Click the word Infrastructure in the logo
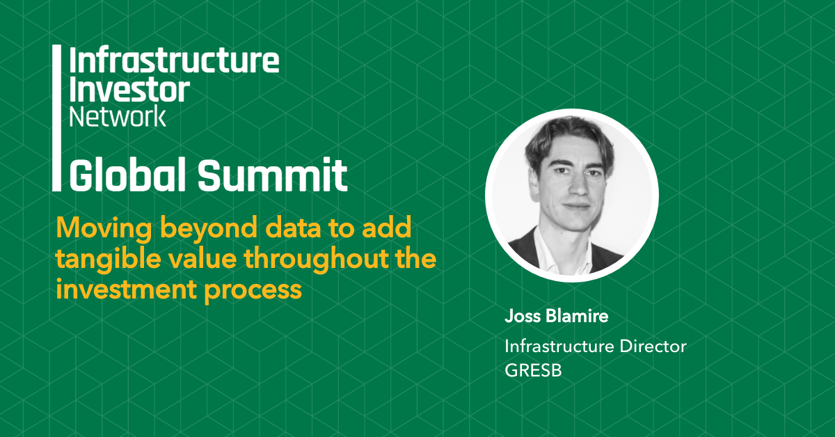click(174, 60)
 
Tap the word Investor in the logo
click(129, 90)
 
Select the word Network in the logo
click(118, 116)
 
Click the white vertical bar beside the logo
click(56, 118)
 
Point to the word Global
click(127, 175)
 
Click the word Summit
click(273, 175)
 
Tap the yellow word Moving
click(104, 228)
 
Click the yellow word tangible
click(108, 259)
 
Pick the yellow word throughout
click(315, 259)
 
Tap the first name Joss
click(523, 316)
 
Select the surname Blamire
click(577, 316)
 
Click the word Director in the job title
click(653, 347)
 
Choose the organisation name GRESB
click(533, 370)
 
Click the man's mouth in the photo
click(576, 205)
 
